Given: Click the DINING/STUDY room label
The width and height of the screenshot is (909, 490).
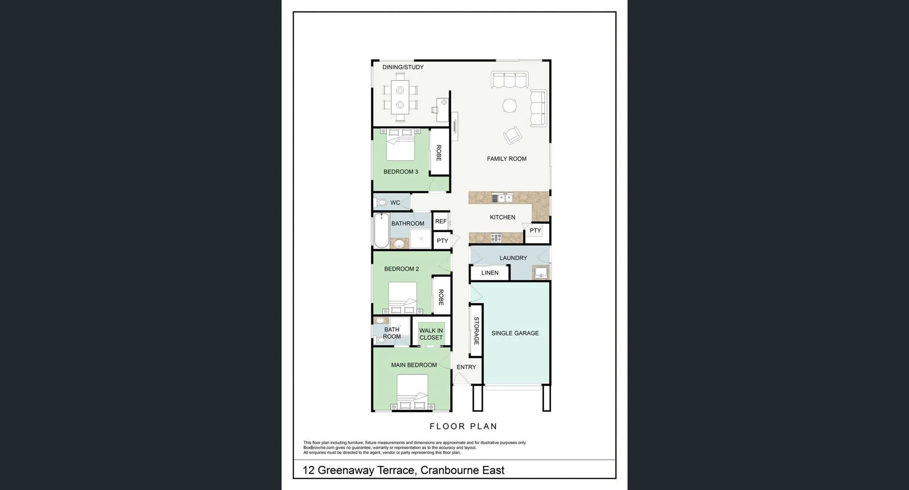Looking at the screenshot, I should pyautogui.click(x=403, y=67).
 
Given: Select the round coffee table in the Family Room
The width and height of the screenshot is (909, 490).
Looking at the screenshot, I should pyautogui.click(x=510, y=105).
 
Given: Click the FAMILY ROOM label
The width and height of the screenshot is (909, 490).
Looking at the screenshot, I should pyautogui.click(x=507, y=159).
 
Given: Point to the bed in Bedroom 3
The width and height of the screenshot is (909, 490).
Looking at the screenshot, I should pyautogui.click(x=401, y=146).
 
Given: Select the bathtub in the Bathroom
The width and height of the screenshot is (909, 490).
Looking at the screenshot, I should pyautogui.click(x=381, y=231).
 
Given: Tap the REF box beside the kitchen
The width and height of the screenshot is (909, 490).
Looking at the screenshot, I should pyautogui.click(x=441, y=221).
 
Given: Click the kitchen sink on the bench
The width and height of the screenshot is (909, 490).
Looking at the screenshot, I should pyautogui.click(x=502, y=198).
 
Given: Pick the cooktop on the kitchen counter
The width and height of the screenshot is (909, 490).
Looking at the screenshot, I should pyautogui.click(x=496, y=238).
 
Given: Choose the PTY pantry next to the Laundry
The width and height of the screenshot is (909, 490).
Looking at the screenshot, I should pyautogui.click(x=535, y=231).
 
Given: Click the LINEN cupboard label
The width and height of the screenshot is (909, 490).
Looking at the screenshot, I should pyautogui.click(x=490, y=273).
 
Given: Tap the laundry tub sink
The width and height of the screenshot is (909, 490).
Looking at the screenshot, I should pyautogui.click(x=540, y=272).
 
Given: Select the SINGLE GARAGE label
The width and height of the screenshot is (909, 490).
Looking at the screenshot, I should pyautogui.click(x=515, y=333).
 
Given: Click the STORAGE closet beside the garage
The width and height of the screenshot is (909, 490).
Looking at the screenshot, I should pyautogui.click(x=476, y=330).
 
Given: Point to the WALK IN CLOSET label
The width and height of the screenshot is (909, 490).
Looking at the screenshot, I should pyautogui.click(x=431, y=334).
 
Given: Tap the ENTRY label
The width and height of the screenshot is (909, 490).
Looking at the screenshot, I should pyautogui.click(x=466, y=367).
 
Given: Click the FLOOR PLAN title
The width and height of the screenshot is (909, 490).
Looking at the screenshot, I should pyautogui.click(x=463, y=426).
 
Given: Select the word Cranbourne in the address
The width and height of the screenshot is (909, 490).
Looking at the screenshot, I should pyautogui.click(x=449, y=470).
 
